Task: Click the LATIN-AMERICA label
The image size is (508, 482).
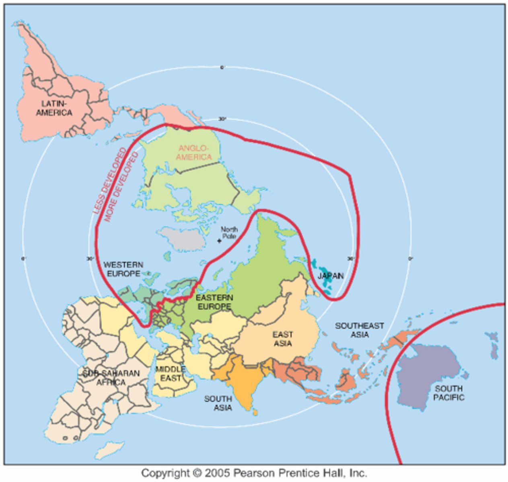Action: (x=54, y=108)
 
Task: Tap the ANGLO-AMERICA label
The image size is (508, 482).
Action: (x=194, y=152)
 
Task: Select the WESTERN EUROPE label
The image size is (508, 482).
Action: (x=123, y=269)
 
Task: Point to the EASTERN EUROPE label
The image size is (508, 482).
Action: (x=214, y=302)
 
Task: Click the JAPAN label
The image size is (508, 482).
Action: (x=331, y=276)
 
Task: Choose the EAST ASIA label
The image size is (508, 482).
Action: (x=282, y=339)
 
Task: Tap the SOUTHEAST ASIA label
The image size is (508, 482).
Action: (x=360, y=330)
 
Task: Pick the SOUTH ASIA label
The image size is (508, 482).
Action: (x=218, y=403)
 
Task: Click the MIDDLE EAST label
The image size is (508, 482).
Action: (x=171, y=374)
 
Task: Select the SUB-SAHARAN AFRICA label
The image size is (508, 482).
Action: (x=111, y=378)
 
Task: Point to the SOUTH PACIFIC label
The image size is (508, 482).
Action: (x=448, y=393)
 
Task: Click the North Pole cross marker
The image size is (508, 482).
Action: (x=219, y=241)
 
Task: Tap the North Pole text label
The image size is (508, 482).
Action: (x=229, y=233)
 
